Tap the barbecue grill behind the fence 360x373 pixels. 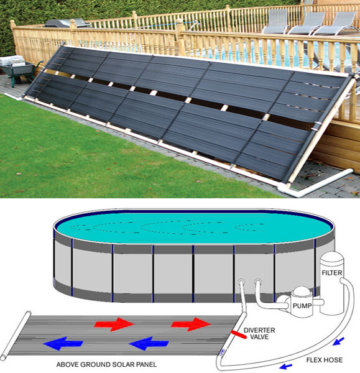[68, 23]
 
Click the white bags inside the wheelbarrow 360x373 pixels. [12, 61]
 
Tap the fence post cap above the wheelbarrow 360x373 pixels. [12, 24]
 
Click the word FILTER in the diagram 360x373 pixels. [332, 273]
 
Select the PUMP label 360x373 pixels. [302, 306]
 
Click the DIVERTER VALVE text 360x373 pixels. [259, 333]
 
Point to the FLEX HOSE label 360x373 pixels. [325, 360]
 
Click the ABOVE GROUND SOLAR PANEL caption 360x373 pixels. [106, 364]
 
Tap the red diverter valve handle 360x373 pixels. [239, 334]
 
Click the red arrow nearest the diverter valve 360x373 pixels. [191, 324]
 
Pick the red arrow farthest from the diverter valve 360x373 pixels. [114, 324]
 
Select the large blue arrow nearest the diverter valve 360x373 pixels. [149, 344]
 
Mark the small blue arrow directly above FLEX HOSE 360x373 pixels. [338, 341]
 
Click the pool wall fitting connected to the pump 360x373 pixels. [258, 282]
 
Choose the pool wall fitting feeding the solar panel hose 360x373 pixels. [241, 282]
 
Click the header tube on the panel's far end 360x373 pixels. [16, 336]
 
